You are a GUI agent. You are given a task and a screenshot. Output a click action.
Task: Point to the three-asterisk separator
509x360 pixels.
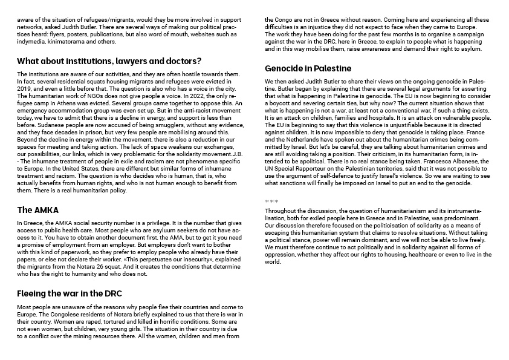(x=271, y=201)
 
